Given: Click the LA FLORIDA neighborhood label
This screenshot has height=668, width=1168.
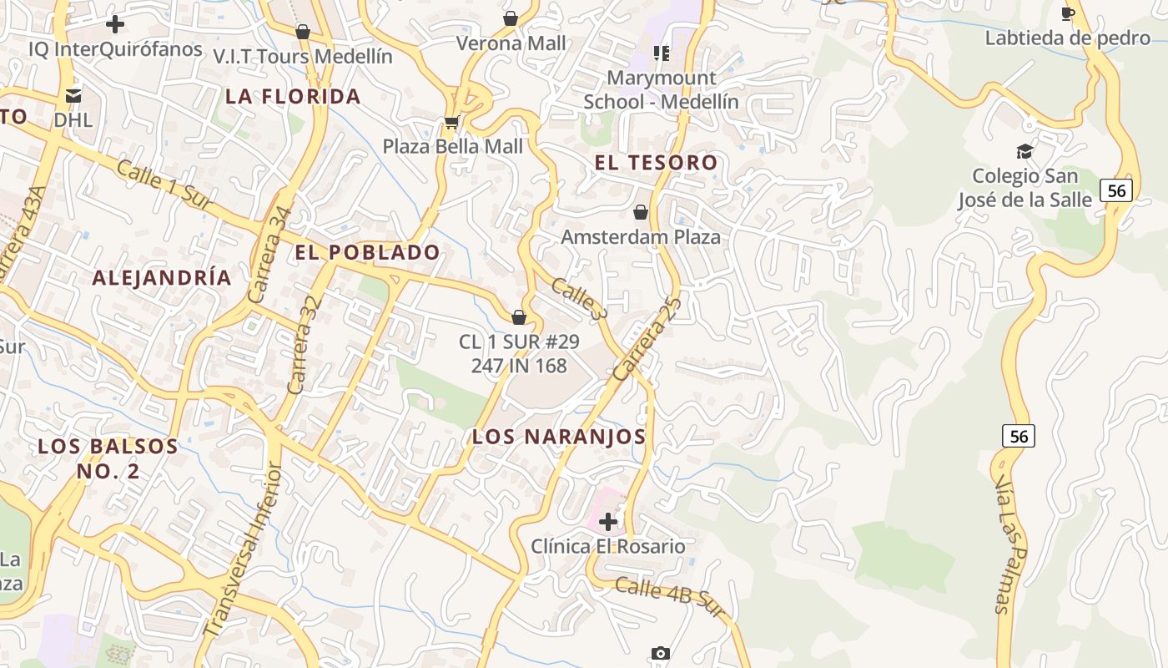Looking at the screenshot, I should (x=293, y=97).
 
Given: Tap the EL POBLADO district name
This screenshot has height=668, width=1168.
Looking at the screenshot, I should (x=367, y=252).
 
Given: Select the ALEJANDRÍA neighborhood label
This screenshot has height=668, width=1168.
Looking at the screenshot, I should (x=162, y=278).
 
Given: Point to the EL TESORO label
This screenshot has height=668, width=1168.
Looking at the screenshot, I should (x=656, y=163).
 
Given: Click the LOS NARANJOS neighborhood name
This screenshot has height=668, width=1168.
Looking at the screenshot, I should (x=559, y=437).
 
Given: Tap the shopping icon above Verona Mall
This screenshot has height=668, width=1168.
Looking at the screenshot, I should (x=511, y=18).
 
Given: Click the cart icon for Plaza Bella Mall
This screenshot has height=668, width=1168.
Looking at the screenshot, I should (x=451, y=123).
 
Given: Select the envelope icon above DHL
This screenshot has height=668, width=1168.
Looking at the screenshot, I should (x=73, y=96).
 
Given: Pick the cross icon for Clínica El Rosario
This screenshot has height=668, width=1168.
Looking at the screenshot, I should (x=608, y=523).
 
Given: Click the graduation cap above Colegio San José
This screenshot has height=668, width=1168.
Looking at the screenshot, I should (x=1025, y=151).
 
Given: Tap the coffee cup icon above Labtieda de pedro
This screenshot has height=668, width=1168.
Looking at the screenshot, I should (x=1067, y=13).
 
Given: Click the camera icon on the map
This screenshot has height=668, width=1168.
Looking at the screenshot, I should (x=661, y=653).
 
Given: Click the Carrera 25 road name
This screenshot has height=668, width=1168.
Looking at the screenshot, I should (x=647, y=340).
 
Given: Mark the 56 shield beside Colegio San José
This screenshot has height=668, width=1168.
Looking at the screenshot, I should (x=1116, y=191).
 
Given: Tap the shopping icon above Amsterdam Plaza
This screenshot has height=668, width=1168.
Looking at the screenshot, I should (x=641, y=212).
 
